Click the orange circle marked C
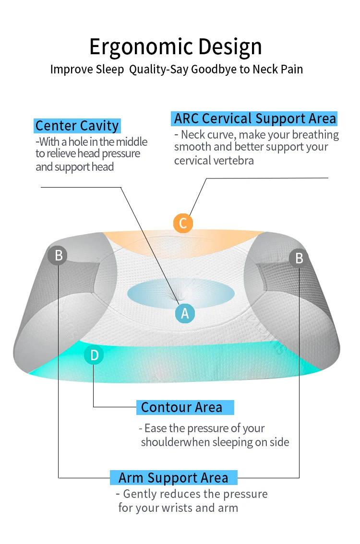click(x=183, y=223)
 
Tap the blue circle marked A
click(x=185, y=313)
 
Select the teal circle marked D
click(x=94, y=355)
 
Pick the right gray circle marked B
click(x=299, y=258)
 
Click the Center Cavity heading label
click(x=77, y=126)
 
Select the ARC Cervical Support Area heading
click(x=255, y=118)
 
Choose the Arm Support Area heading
click(x=173, y=478)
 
